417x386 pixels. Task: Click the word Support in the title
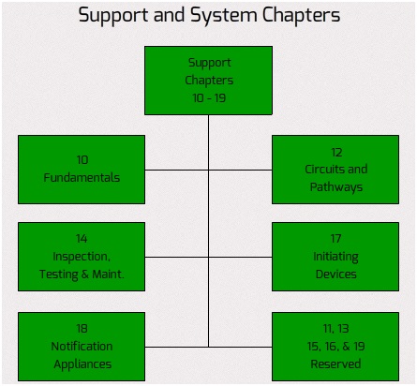pyautogui.click(x=113, y=16)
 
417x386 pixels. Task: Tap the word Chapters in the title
pyautogui.click(x=301, y=15)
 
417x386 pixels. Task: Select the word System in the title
pyautogui.click(x=223, y=16)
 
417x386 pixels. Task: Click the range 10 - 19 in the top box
pyautogui.click(x=209, y=98)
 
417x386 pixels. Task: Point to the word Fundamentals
pyautogui.click(x=82, y=178)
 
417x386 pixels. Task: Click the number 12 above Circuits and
pyautogui.click(x=336, y=153)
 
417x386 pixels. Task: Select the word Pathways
pyautogui.click(x=336, y=187)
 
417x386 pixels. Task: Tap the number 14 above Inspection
pyautogui.click(x=82, y=239)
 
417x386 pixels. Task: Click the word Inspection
pyautogui.click(x=82, y=257)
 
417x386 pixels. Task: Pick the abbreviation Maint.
pyautogui.click(x=108, y=275)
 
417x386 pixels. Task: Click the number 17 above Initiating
pyautogui.click(x=335, y=239)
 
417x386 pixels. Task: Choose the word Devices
pyautogui.click(x=335, y=275)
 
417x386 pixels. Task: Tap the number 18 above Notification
pyautogui.click(x=82, y=329)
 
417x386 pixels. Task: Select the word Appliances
pyautogui.click(x=82, y=364)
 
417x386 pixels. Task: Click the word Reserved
pyautogui.click(x=335, y=364)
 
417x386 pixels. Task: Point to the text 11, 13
pyautogui.click(x=335, y=329)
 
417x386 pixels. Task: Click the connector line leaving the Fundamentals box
pyautogui.click(x=176, y=171)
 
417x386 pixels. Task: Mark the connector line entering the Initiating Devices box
pyautogui.click(x=240, y=258)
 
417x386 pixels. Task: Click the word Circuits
pyautogui.click(x=324, y=170)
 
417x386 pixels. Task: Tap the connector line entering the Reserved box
pyautogui.click(x=240, y=347)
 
